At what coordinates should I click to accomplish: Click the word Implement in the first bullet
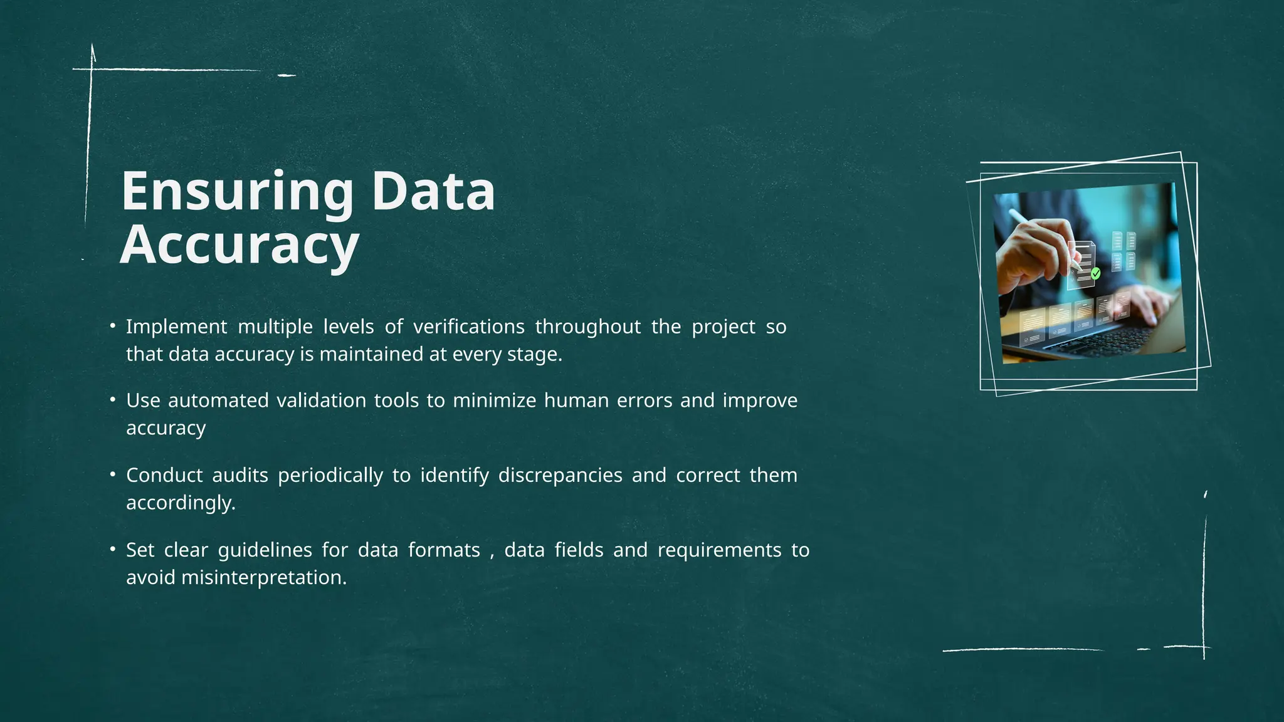click(176, 327)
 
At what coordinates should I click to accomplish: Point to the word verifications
click(468, 327)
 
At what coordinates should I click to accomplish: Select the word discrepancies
click(560, 475)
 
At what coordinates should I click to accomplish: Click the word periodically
click(330, 475)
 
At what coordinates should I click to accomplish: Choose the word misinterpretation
click(264, 577)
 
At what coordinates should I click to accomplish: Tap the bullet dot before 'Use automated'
click(112, 398)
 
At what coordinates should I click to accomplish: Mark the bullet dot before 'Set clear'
click(112, 548)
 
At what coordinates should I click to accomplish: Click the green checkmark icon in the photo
click(1095, 273)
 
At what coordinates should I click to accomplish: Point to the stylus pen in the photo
click(1041, 238)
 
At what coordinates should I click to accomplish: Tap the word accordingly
click(181, 503)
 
